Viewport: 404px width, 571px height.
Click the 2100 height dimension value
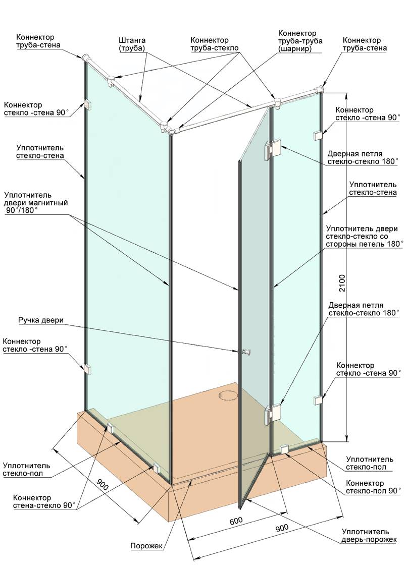point(342,282)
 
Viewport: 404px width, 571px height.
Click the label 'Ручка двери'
point(41,320)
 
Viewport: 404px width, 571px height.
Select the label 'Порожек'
point(146,546)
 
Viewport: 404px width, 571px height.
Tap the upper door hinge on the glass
point(273,149)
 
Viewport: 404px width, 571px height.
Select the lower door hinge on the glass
point(273,414)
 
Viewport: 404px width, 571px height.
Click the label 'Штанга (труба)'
point(132,44)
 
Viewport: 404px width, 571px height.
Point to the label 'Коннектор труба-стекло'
point(215,44)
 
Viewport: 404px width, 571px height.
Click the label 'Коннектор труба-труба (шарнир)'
point(300,41)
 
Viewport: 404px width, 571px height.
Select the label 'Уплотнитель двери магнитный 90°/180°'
point(36,203)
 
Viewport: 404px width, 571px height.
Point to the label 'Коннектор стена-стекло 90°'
point(44,501)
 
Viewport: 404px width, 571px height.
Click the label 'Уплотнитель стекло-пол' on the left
point(27,470)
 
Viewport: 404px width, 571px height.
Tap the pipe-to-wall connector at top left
point(87,59)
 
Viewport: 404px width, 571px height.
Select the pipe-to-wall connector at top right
point(319,89)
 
